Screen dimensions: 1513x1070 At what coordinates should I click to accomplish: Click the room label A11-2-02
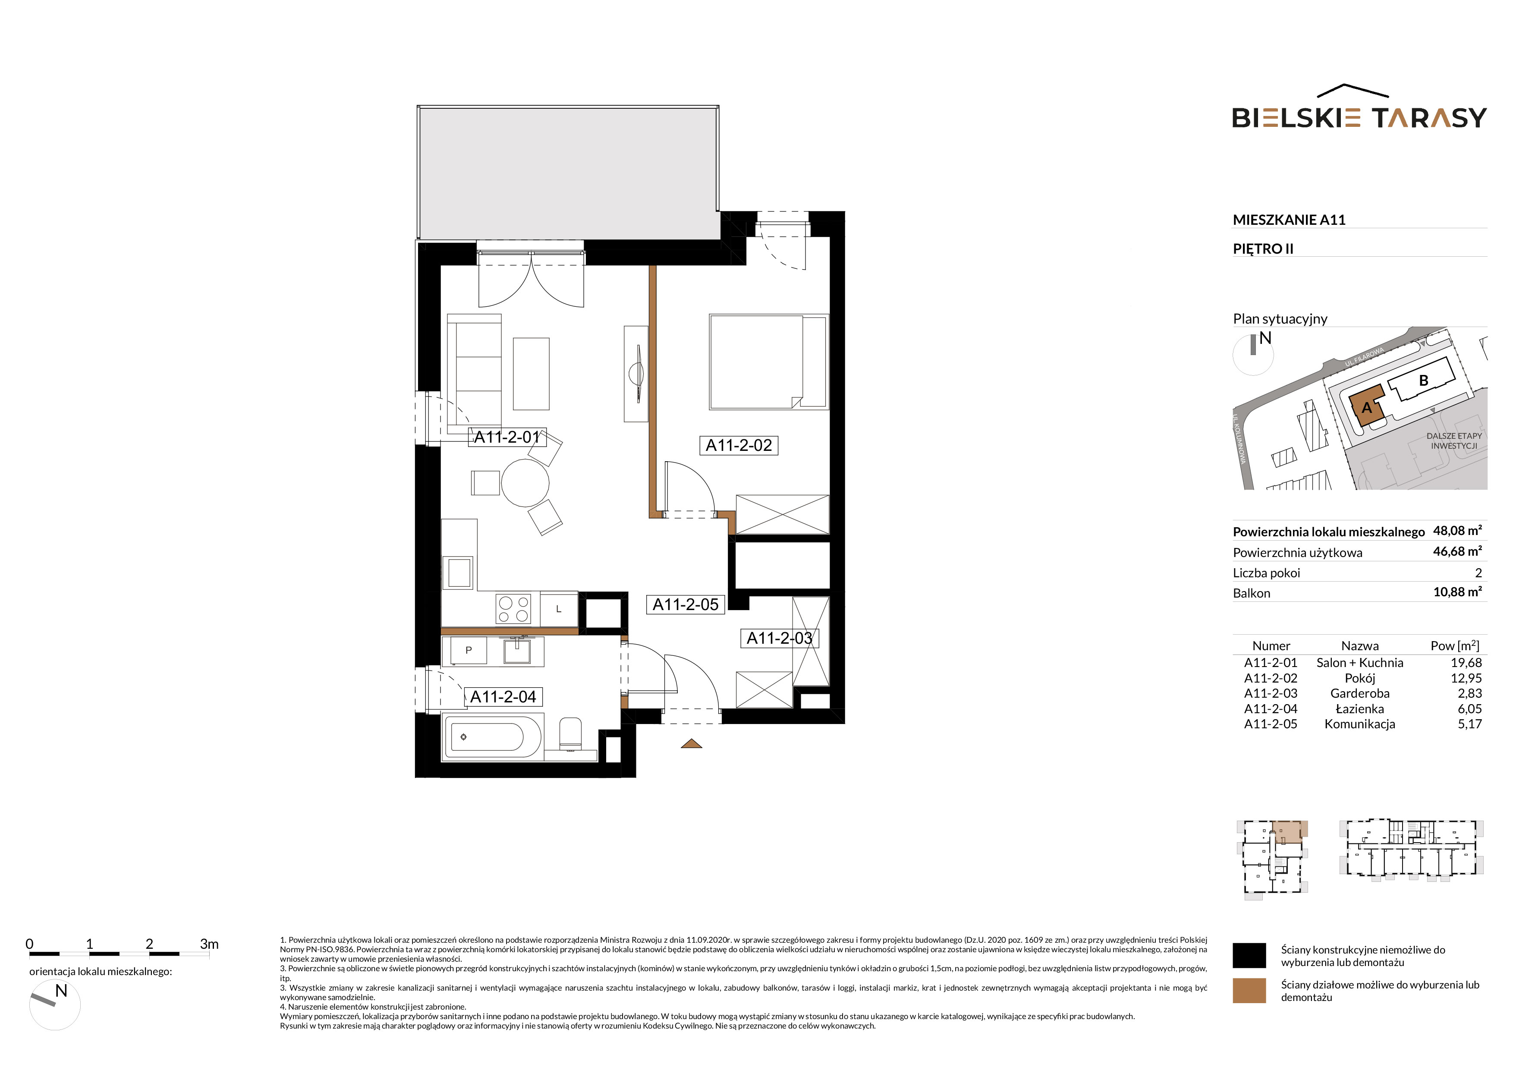click(738, 445)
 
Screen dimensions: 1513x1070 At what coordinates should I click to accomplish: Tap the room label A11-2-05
click(686, 604)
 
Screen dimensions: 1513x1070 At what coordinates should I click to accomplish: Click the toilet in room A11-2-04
click(571, 735)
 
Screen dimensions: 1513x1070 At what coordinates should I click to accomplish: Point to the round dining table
click(525, 483)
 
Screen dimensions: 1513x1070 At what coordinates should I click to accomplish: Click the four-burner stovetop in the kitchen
click(513, 609)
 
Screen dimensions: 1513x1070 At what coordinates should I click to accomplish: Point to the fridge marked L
click(559, 609)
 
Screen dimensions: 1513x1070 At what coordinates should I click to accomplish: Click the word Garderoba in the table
click(1359, 693)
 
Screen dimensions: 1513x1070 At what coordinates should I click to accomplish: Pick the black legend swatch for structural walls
click(1249, 955)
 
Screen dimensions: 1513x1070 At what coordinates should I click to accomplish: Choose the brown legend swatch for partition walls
click(1249, 990)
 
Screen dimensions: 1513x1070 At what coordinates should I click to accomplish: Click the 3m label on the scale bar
click(209, 944)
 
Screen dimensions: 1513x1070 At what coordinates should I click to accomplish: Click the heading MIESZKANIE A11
click(1289, 220)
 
